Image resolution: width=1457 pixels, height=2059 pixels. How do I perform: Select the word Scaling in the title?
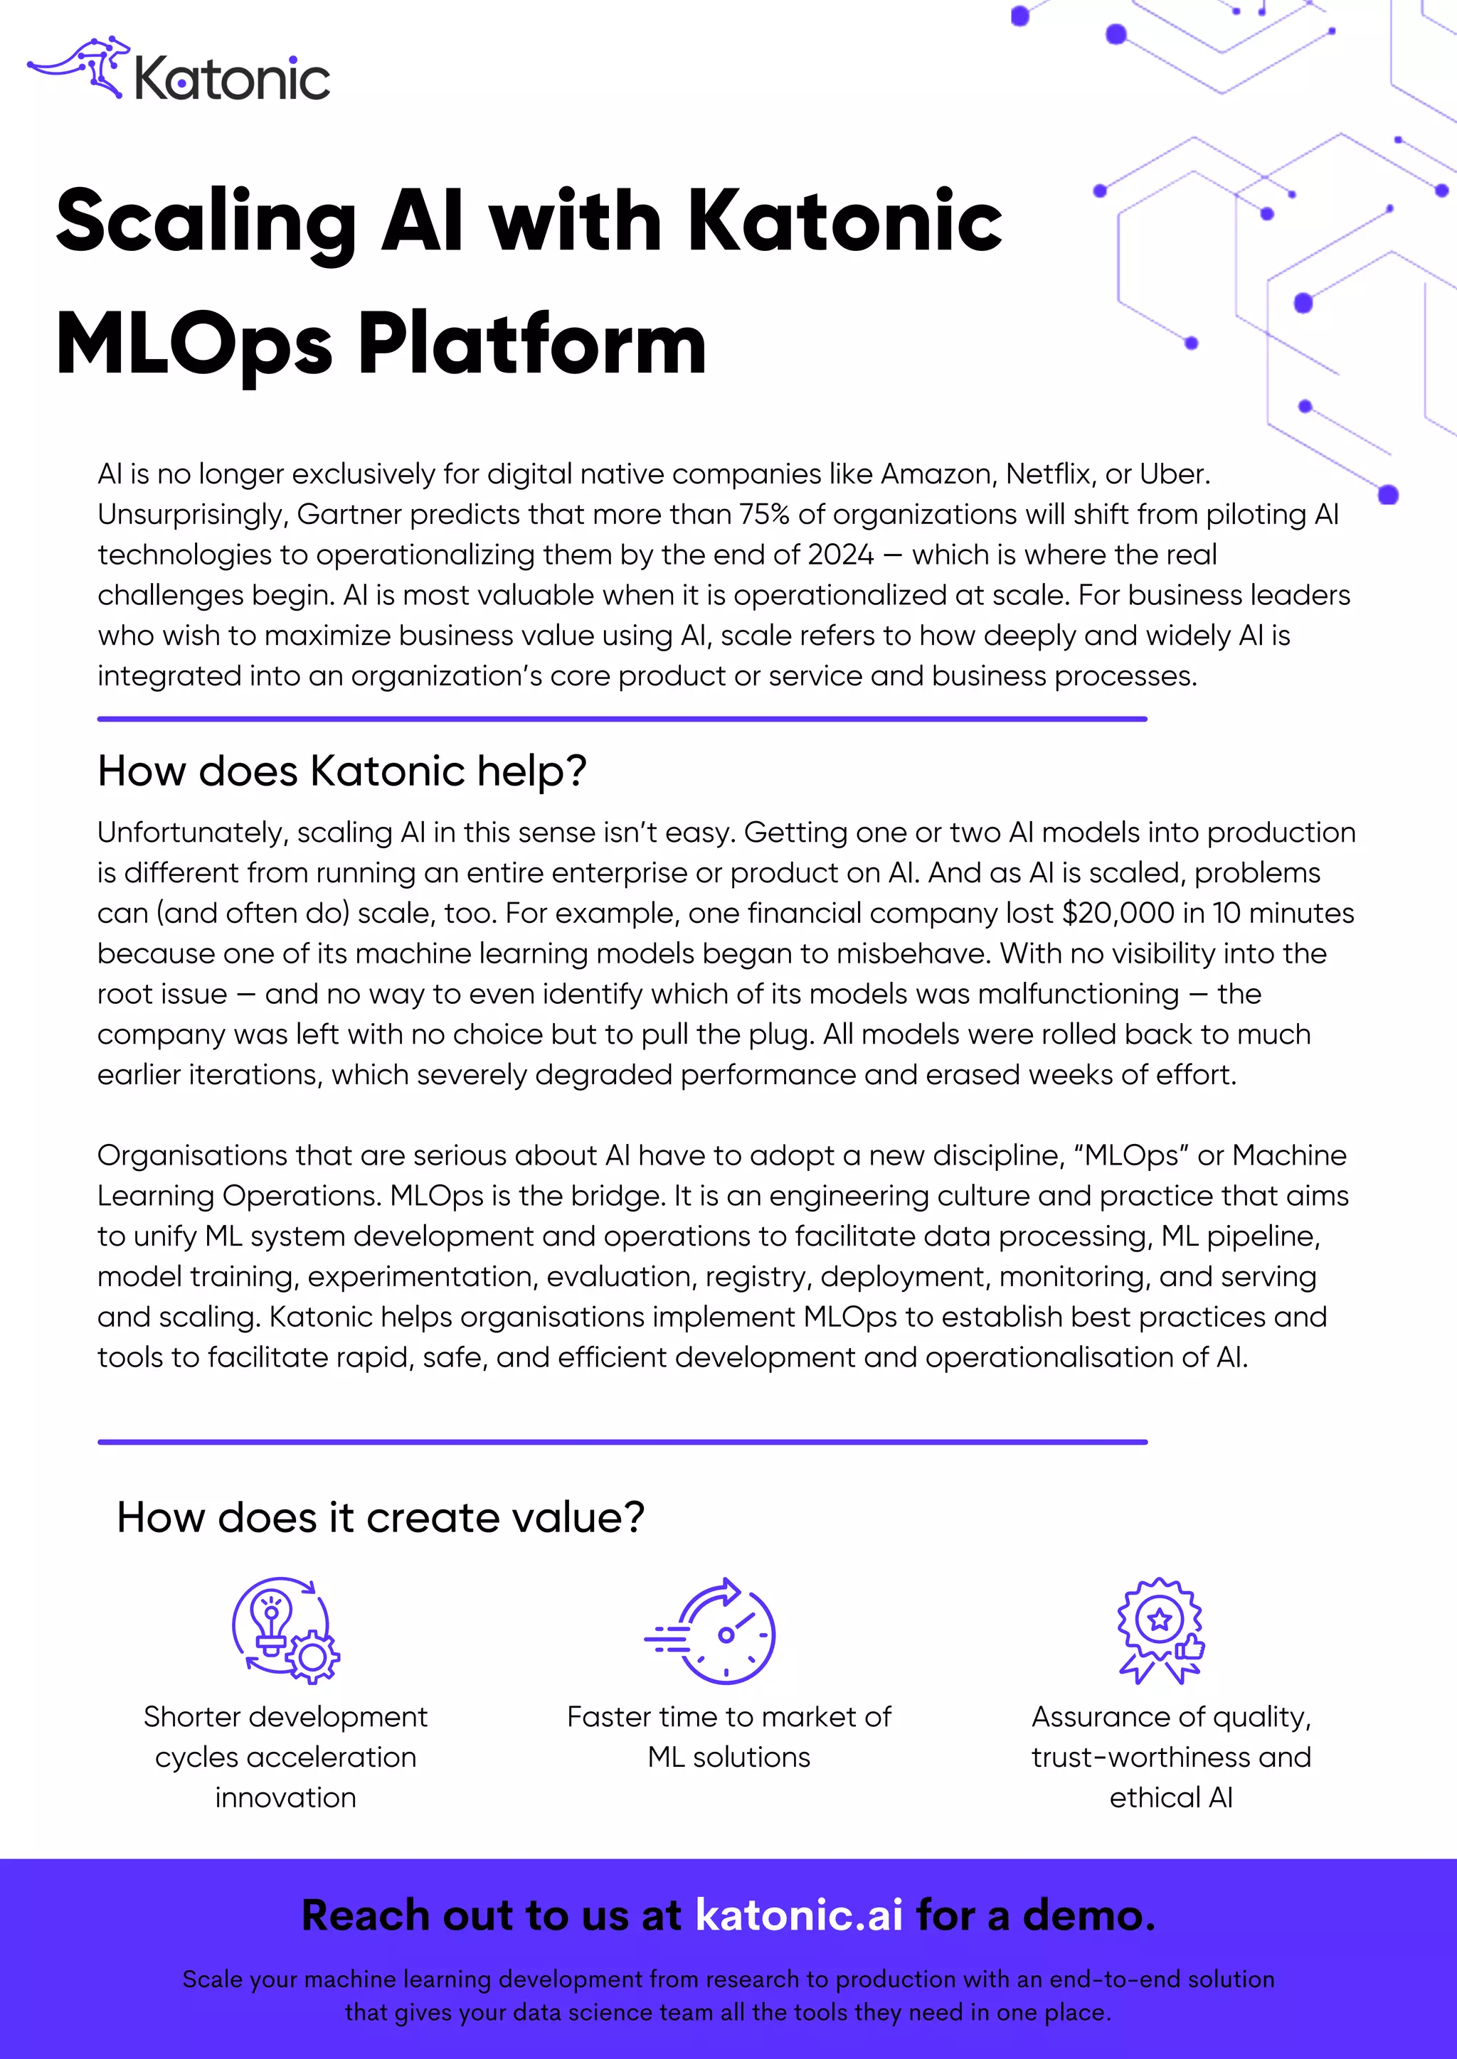(206, 222)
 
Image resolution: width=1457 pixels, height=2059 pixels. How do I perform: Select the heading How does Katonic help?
(341, 771)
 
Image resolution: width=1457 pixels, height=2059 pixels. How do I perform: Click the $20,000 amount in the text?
(1118, 914)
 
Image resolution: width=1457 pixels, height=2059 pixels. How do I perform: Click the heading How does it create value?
(381, 1518)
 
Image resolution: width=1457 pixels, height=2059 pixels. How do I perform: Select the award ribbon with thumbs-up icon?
(1161, 1630)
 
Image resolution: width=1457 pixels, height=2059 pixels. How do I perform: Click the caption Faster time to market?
(728, 1717)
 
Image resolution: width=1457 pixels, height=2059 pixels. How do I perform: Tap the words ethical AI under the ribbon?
(1171, 1798)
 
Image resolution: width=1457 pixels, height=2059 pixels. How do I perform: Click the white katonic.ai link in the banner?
(798, 1915)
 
